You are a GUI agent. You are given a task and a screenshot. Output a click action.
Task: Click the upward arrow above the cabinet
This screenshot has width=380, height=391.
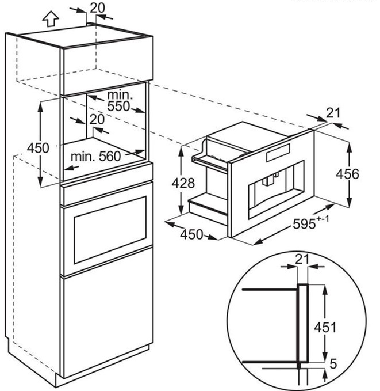[x=51, y=18]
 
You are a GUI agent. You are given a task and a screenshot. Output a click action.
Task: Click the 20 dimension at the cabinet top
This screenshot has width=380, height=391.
[x=97, y=7]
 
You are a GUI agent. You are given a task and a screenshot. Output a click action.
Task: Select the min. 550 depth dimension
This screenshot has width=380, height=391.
[x=119, y=101]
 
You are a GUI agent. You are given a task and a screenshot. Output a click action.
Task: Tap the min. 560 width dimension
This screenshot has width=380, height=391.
[x=95, y=157]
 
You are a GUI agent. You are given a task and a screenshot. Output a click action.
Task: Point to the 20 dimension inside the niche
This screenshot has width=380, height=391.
[x=97, y=119]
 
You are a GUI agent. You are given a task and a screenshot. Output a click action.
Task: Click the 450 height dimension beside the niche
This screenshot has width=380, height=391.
[x=38, y=148]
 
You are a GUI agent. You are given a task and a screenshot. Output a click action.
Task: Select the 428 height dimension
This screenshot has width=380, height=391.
[x=183, y=183]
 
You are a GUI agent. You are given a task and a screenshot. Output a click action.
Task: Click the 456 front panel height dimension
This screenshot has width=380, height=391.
[x=347, y=174]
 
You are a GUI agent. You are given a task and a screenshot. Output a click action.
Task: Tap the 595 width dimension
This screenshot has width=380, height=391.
[x=304, y=223]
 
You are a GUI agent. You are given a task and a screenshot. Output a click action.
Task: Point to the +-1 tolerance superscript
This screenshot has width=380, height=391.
[x=323, y=219]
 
